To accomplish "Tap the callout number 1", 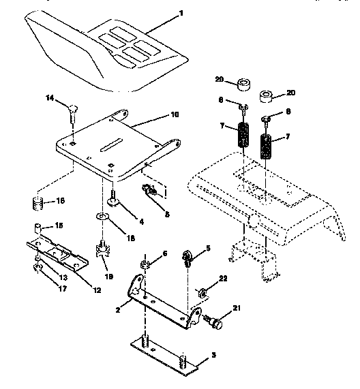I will pyautogui.click(x=181, y=13).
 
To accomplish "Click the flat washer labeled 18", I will pyautogui.click(x=102, y=217).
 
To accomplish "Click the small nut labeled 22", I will pyautogui.click(x=202, y=293).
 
